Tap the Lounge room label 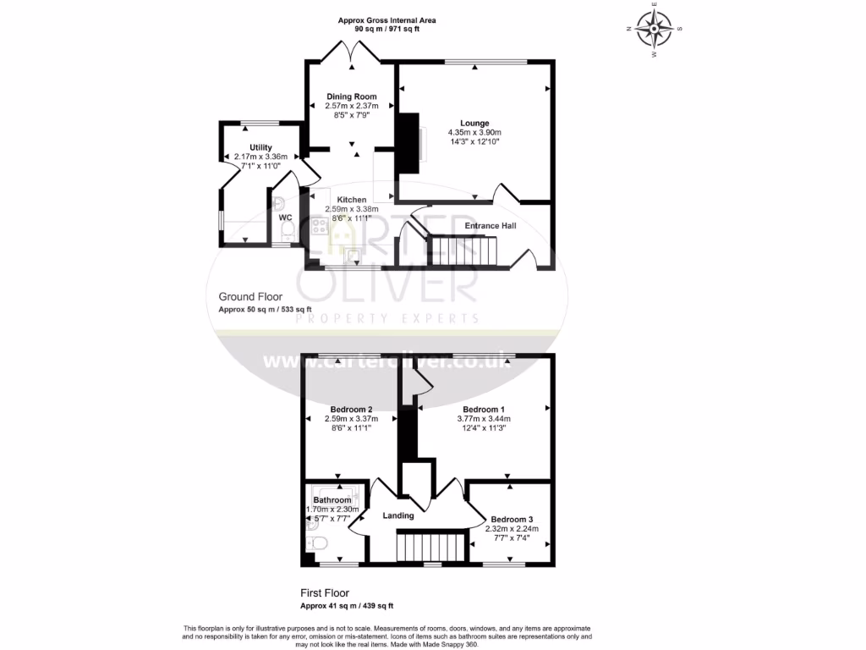pyautogui.click(x=474, y=124)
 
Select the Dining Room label pyautogui.click(x=352, y=96)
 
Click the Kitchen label pyautogui.click(x=352, y=200)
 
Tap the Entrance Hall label pyautogui.click(x=491, y=226)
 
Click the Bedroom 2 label pyautogui.click(x=352, y=409)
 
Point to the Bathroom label pyautogui.click(x=332, y=500)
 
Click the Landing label pyautogui.click(x=398, y=515)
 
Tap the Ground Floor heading pyautogui.click(x=250, y=296)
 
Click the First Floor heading pyautogui.click(x=325, y=593)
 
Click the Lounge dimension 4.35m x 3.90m pyautogui.click(x=474, y=133)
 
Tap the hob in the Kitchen pyautogui.click(x=321, y=225)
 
